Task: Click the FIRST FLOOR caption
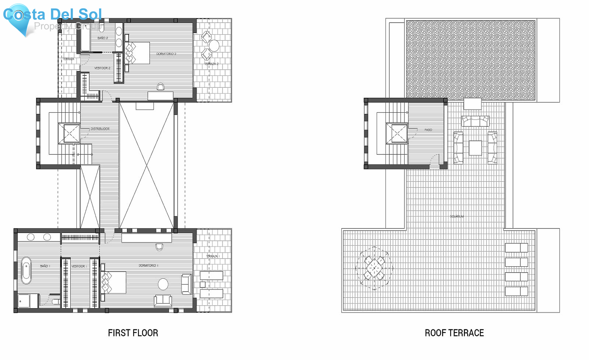tap(133, 333)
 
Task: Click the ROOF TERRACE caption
tap(454, 333)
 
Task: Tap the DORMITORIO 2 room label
tap(166, 54)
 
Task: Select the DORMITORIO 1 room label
tap(149, 265)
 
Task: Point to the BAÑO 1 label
tap(45, 266)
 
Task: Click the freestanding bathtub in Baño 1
tap(26, 270)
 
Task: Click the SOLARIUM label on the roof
tap(457, 216)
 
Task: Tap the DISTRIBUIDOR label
tap(100, 129)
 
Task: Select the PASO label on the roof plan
tap(428, 130)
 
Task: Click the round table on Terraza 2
tap(214, 46)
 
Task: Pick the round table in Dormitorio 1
tap(163, 284)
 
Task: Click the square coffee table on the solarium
tap(475, 148)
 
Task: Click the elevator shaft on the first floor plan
tap(69, 133)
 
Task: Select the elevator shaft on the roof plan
tap(397, 133)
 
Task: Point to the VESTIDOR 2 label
tap(102, 68)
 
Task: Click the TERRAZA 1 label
tap(213, 256)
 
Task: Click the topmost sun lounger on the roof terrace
tap(516, 248)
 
